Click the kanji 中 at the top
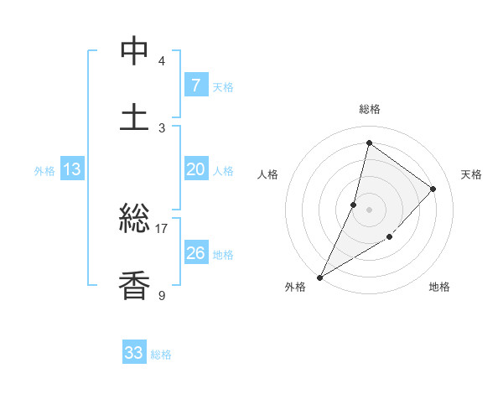[134, 51]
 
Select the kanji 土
[134, 117]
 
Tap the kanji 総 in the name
[134, 220]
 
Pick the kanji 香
[134, 285]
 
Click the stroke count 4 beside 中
[161, 61]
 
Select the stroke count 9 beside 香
[161, 294]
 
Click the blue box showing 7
[195, 85]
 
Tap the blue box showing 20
[195, 169]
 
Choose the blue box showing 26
[195, 252]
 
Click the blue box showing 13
[72, 169]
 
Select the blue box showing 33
[134, 353]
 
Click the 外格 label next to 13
[44, 170]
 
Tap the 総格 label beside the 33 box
[161, 355]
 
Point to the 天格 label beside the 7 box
[223, 86]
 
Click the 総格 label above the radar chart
[369, 109]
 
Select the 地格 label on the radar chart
[439, 287]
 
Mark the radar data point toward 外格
[319, 277]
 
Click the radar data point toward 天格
[433, 189]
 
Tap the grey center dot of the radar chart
[369, 209]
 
